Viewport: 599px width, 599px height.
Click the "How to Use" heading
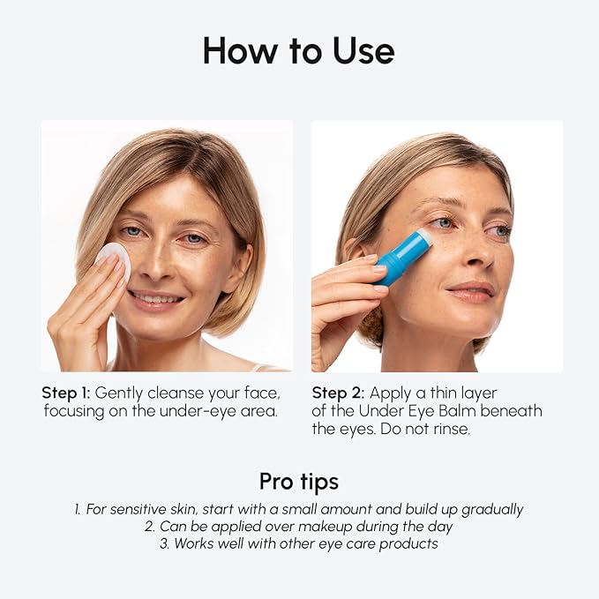(298, 50)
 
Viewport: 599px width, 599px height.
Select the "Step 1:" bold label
(66, 393)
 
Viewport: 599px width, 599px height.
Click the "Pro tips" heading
(298, 482)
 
